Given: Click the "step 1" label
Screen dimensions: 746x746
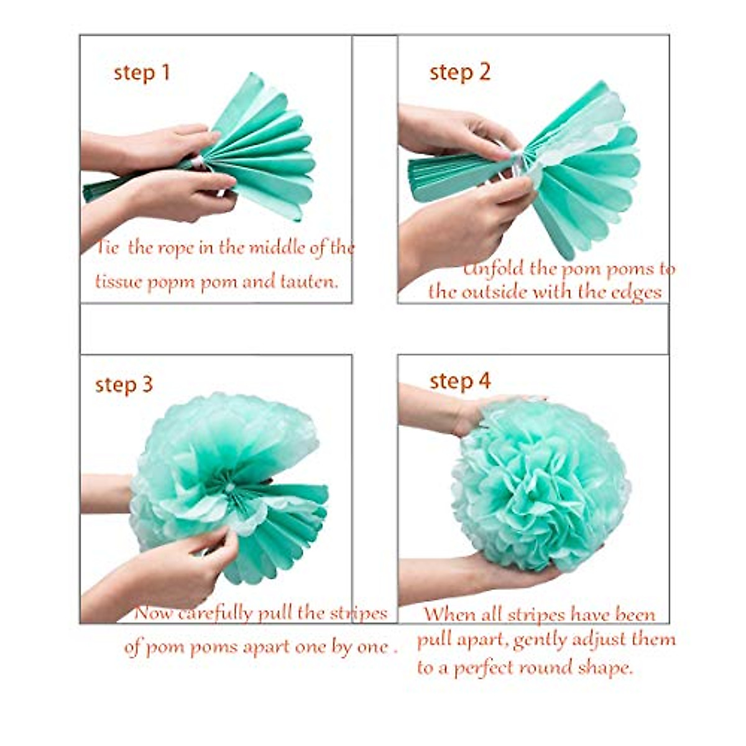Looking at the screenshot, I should coord(142,73).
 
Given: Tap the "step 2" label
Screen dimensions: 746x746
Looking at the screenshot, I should coord(459,72).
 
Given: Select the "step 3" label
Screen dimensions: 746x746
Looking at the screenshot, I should coord(124,384).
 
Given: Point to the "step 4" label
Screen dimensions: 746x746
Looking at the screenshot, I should coord(460,380).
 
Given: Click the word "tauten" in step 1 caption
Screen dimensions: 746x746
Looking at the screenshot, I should coord(305,282).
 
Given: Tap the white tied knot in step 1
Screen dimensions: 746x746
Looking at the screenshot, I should coord(198,162).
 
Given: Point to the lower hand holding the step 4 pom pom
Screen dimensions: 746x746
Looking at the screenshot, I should coord(472,575).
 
